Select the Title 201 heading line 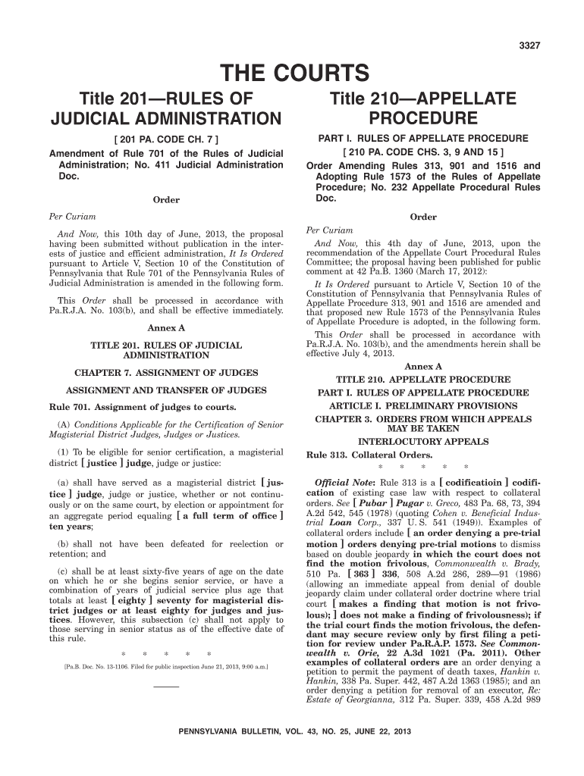coord(165,98)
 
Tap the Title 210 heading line coord(422,98)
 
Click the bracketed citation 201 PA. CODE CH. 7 coord(166,140)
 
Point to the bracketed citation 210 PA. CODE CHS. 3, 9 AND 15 coord(423,152)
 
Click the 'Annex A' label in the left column coord(166,328)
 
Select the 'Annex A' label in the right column coord(423,367)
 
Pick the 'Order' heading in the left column coord(166,200)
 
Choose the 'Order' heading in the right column coord(423,217)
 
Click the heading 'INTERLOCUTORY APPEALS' coord(423,442)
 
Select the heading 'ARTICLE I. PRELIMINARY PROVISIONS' coord(423,406)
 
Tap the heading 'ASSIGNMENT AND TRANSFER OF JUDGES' coord(166,390)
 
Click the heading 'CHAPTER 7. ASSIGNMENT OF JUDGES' coord(166,372)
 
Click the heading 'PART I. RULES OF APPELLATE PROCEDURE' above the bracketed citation coord(423,139)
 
